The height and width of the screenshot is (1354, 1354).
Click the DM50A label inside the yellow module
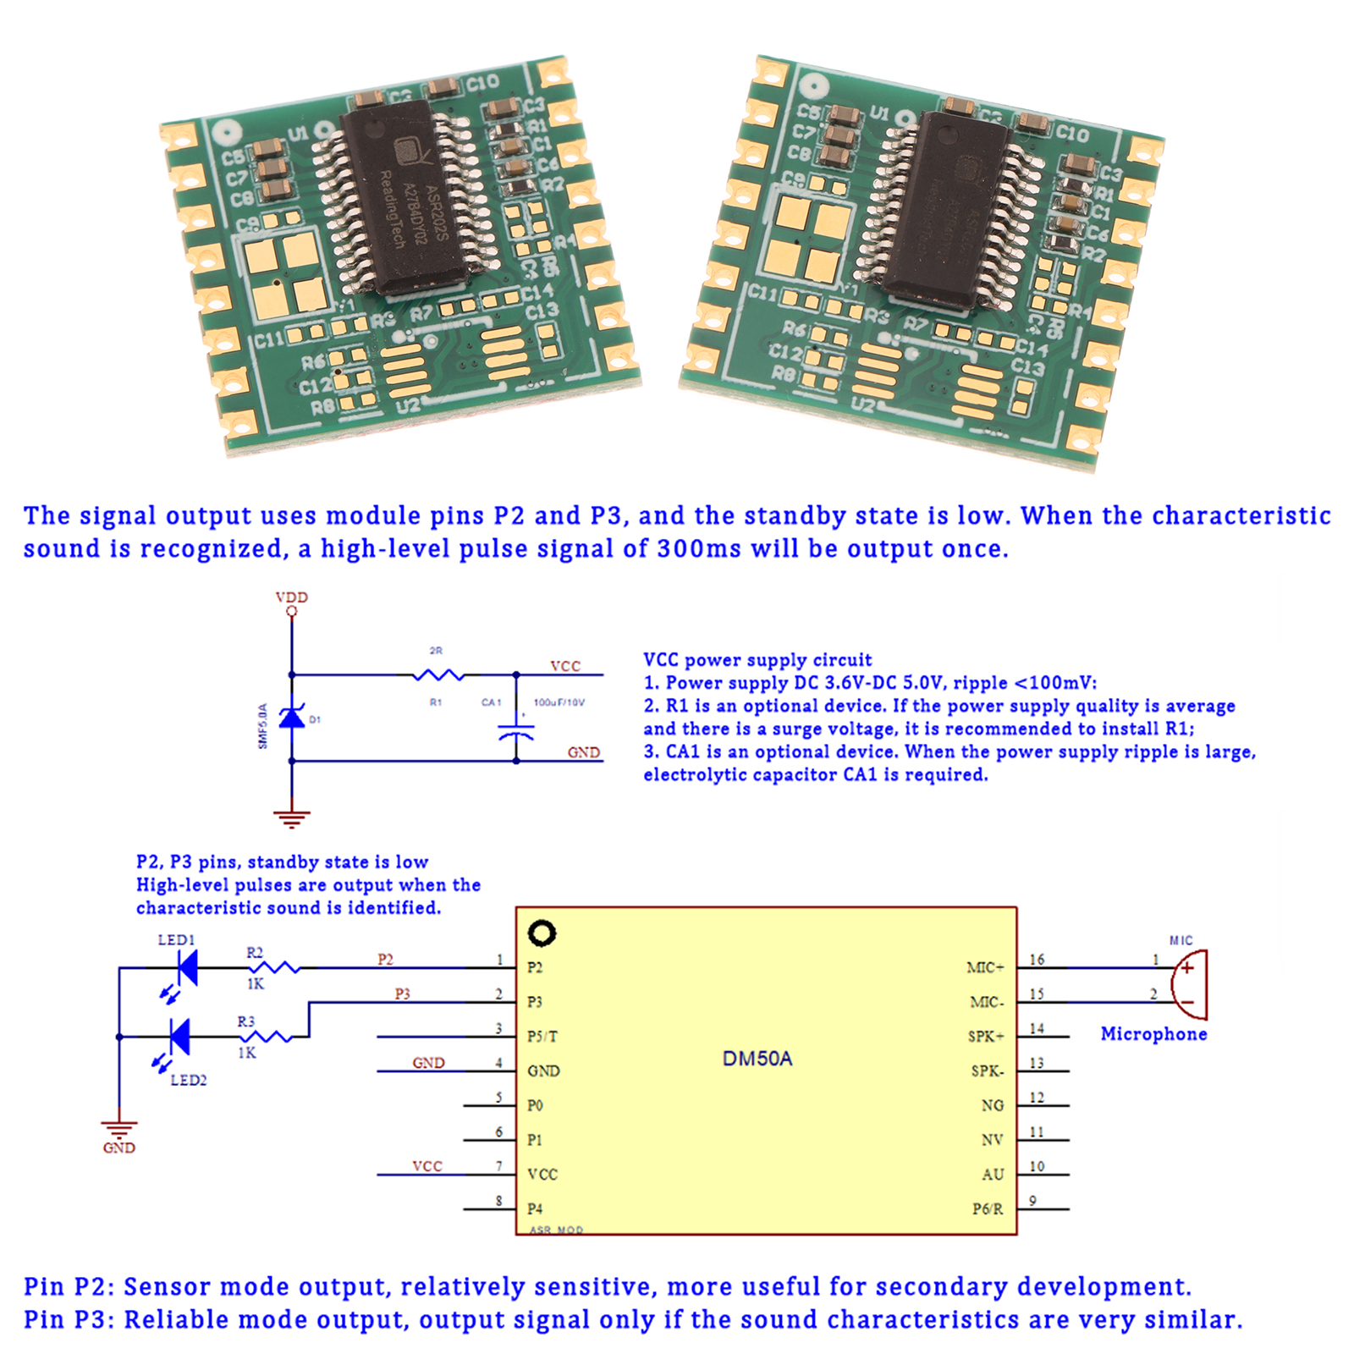pyautogui.click(x=757, y=1059)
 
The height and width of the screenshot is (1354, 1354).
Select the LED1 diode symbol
pyautogui.click(x=186, y=967)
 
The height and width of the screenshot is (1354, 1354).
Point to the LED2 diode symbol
pyautogui.click(x=179, y=1037)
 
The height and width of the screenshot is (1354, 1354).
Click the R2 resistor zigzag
pyautogui.click(x=273, y=967)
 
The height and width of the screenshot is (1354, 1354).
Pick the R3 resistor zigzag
pyautogui.click(x=266, y=1037)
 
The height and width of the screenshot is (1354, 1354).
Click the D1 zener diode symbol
pyautogui.click(x=292, y=718)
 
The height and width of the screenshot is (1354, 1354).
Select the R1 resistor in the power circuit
pyautogui.click(x=438, y=675)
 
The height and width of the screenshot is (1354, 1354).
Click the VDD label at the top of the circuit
pyautogui.click(x=292, y=597)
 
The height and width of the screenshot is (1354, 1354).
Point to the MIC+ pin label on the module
pyautogui.click(x=985, y=968)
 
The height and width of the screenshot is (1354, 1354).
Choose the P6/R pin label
pyautogui.click(x=988, y=1209)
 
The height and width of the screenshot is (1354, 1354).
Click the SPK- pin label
pyautogui.click(x=988, y=1071)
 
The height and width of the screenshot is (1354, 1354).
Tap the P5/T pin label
pyautogui.click(x=542, y=1037)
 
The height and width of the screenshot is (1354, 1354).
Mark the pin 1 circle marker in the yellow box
pyautogui.click(x=542, y=933)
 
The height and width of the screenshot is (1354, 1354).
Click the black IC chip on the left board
pyautogui.click(x=405, y=196)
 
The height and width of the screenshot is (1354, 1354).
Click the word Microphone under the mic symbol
pyautogui.click(x=1153, y=1034)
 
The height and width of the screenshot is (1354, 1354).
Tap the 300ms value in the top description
pyautogui.click(x=699, y=549)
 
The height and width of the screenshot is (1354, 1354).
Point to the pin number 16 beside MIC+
pyautogui.click(x=1037, y=960)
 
